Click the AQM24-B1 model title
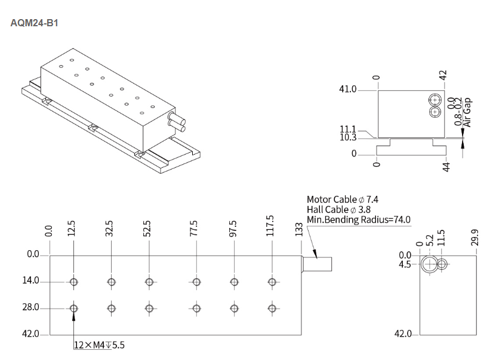[35, 23]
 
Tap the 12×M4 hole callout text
[100, 344]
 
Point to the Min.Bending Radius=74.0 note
[359, 220]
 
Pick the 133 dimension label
[299, 229]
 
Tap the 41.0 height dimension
[348, 90]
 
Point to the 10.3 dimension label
[348, 138]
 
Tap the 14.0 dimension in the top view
[30, 281]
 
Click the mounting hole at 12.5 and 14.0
[73, 282]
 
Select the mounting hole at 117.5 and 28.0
[272, 308]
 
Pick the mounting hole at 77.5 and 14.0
[196, 282]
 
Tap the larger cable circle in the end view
[429, 264]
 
